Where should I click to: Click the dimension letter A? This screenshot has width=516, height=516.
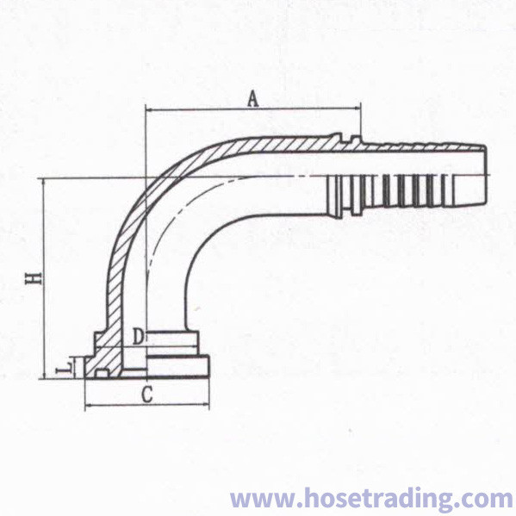pos(252,100)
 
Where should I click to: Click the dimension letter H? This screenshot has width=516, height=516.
pos(34,278)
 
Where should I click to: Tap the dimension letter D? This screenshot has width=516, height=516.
pos(138,337)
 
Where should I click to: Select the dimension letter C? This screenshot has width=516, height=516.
pos(147,395)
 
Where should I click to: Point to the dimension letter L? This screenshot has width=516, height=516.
pos(65,368)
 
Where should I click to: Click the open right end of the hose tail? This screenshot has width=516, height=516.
pos(485,175)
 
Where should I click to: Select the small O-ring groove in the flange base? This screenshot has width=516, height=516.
pos(102,374)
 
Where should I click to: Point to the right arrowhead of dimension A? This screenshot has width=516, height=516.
pos(357,108)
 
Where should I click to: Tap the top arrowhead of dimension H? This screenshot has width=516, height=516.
pos(43,182)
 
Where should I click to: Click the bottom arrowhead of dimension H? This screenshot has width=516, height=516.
pos(43,375)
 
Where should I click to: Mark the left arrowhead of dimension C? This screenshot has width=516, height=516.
pos(89,407)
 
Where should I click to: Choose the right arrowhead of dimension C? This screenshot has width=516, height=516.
pos(205,407)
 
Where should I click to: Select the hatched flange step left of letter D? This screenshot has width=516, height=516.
pos(102,340)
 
